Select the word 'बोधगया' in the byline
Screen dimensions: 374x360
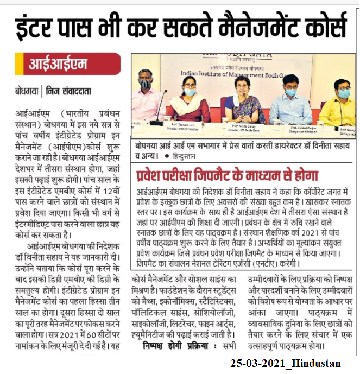click(27, 90)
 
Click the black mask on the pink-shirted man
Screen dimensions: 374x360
click(144, 84)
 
